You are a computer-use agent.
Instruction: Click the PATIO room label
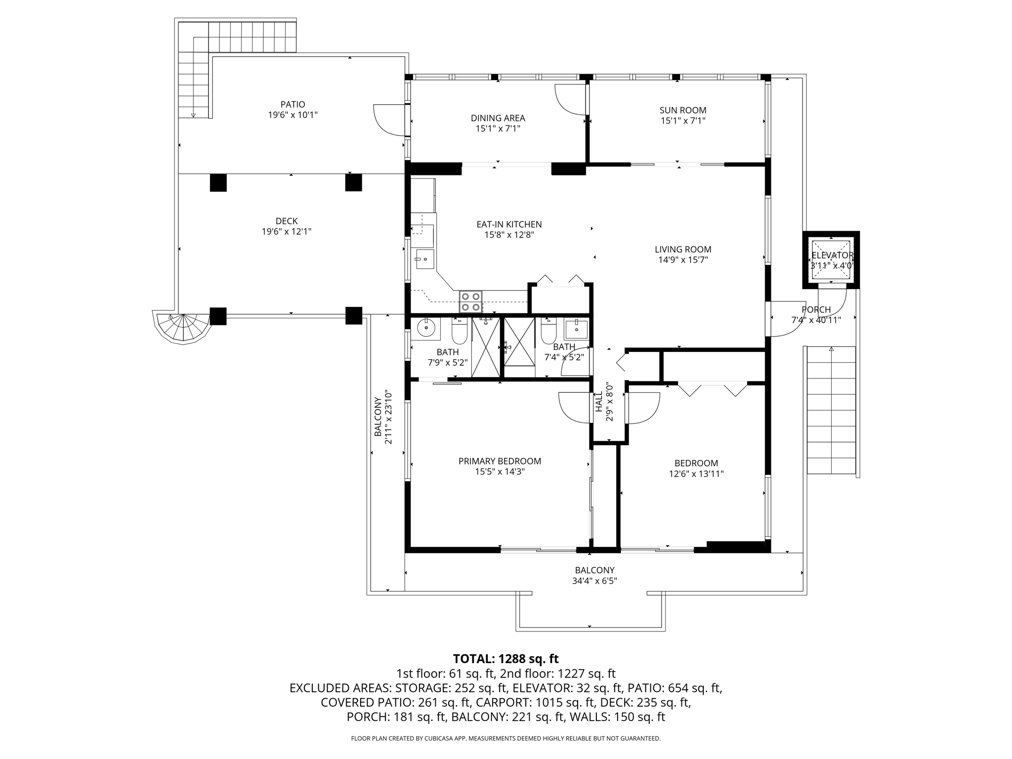[293, 104]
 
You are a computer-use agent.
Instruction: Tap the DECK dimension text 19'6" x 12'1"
[287, 231]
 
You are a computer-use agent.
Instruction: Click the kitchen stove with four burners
[470, 302]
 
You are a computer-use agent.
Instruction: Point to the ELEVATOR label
[832, 255]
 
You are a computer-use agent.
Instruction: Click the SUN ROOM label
[683, 110]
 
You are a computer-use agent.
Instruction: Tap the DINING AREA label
[498, 118]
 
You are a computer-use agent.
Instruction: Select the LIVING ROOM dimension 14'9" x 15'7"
[683, 260]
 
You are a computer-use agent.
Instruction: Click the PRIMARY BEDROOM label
[500, 461]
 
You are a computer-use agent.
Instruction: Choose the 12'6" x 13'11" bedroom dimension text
[696, 474]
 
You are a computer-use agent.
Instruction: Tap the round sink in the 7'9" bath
[425, 328]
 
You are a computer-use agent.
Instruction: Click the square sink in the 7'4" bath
[576, 328]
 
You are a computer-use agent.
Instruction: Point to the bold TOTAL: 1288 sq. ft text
[506, 659]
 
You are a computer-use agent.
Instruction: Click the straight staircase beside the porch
[831, 410]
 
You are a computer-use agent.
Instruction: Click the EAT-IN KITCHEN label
[509, 224]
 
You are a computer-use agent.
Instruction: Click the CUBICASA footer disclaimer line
[506, 738]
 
